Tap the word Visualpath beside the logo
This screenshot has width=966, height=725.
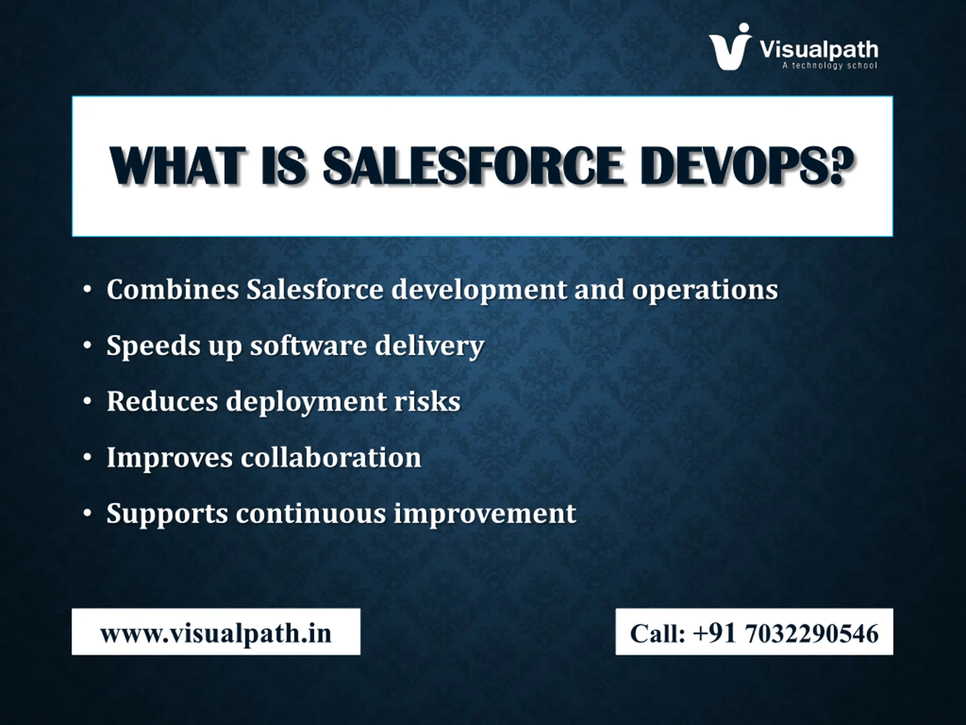(x=819, y=50)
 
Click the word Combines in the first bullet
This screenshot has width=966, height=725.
(x=172, y=289)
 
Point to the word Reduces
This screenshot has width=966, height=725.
(x=162, y=401)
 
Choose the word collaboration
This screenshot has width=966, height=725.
(x=331, y=457)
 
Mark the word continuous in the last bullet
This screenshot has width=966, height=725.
(x=311, y=514)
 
